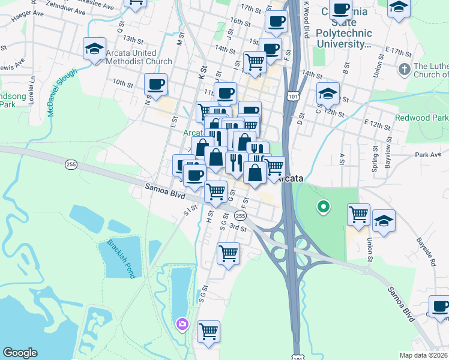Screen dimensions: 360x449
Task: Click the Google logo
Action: tap(20, 353)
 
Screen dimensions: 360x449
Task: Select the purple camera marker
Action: tap(182, 325)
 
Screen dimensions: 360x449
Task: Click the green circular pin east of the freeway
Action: tap(323, 208)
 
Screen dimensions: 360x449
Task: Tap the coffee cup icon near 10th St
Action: tap(156, 86)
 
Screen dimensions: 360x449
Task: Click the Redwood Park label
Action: tap(422, 118)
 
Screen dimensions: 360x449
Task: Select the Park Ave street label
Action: tap(428, 155)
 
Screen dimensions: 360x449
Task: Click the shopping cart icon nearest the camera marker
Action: tap(208, 331)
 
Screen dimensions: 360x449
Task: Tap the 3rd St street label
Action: tap(238, 228)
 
